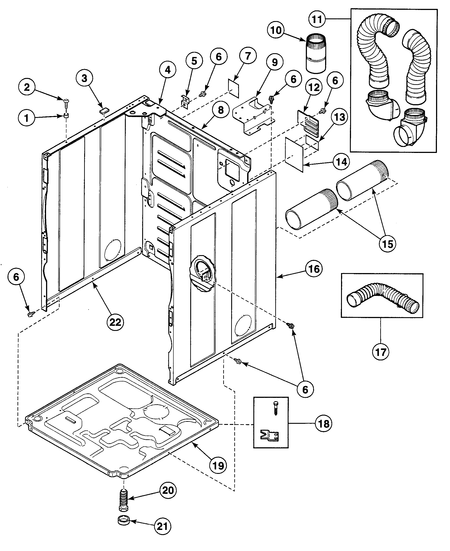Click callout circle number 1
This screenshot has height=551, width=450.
tap(26, 118)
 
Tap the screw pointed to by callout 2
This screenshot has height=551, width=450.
tap(66, 103)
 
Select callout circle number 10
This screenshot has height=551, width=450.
tap(275, 30)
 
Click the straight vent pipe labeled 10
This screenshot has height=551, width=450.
tap(316, 53)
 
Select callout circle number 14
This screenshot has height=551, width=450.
tap(341, 162)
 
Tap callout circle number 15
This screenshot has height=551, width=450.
tap(387, 244)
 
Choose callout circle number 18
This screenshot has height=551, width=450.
tap(324, 424)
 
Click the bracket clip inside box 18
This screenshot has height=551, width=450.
tap(270, 435)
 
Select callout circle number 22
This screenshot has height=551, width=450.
tap(115, 322)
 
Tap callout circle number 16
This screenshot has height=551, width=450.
tap(314, 269)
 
